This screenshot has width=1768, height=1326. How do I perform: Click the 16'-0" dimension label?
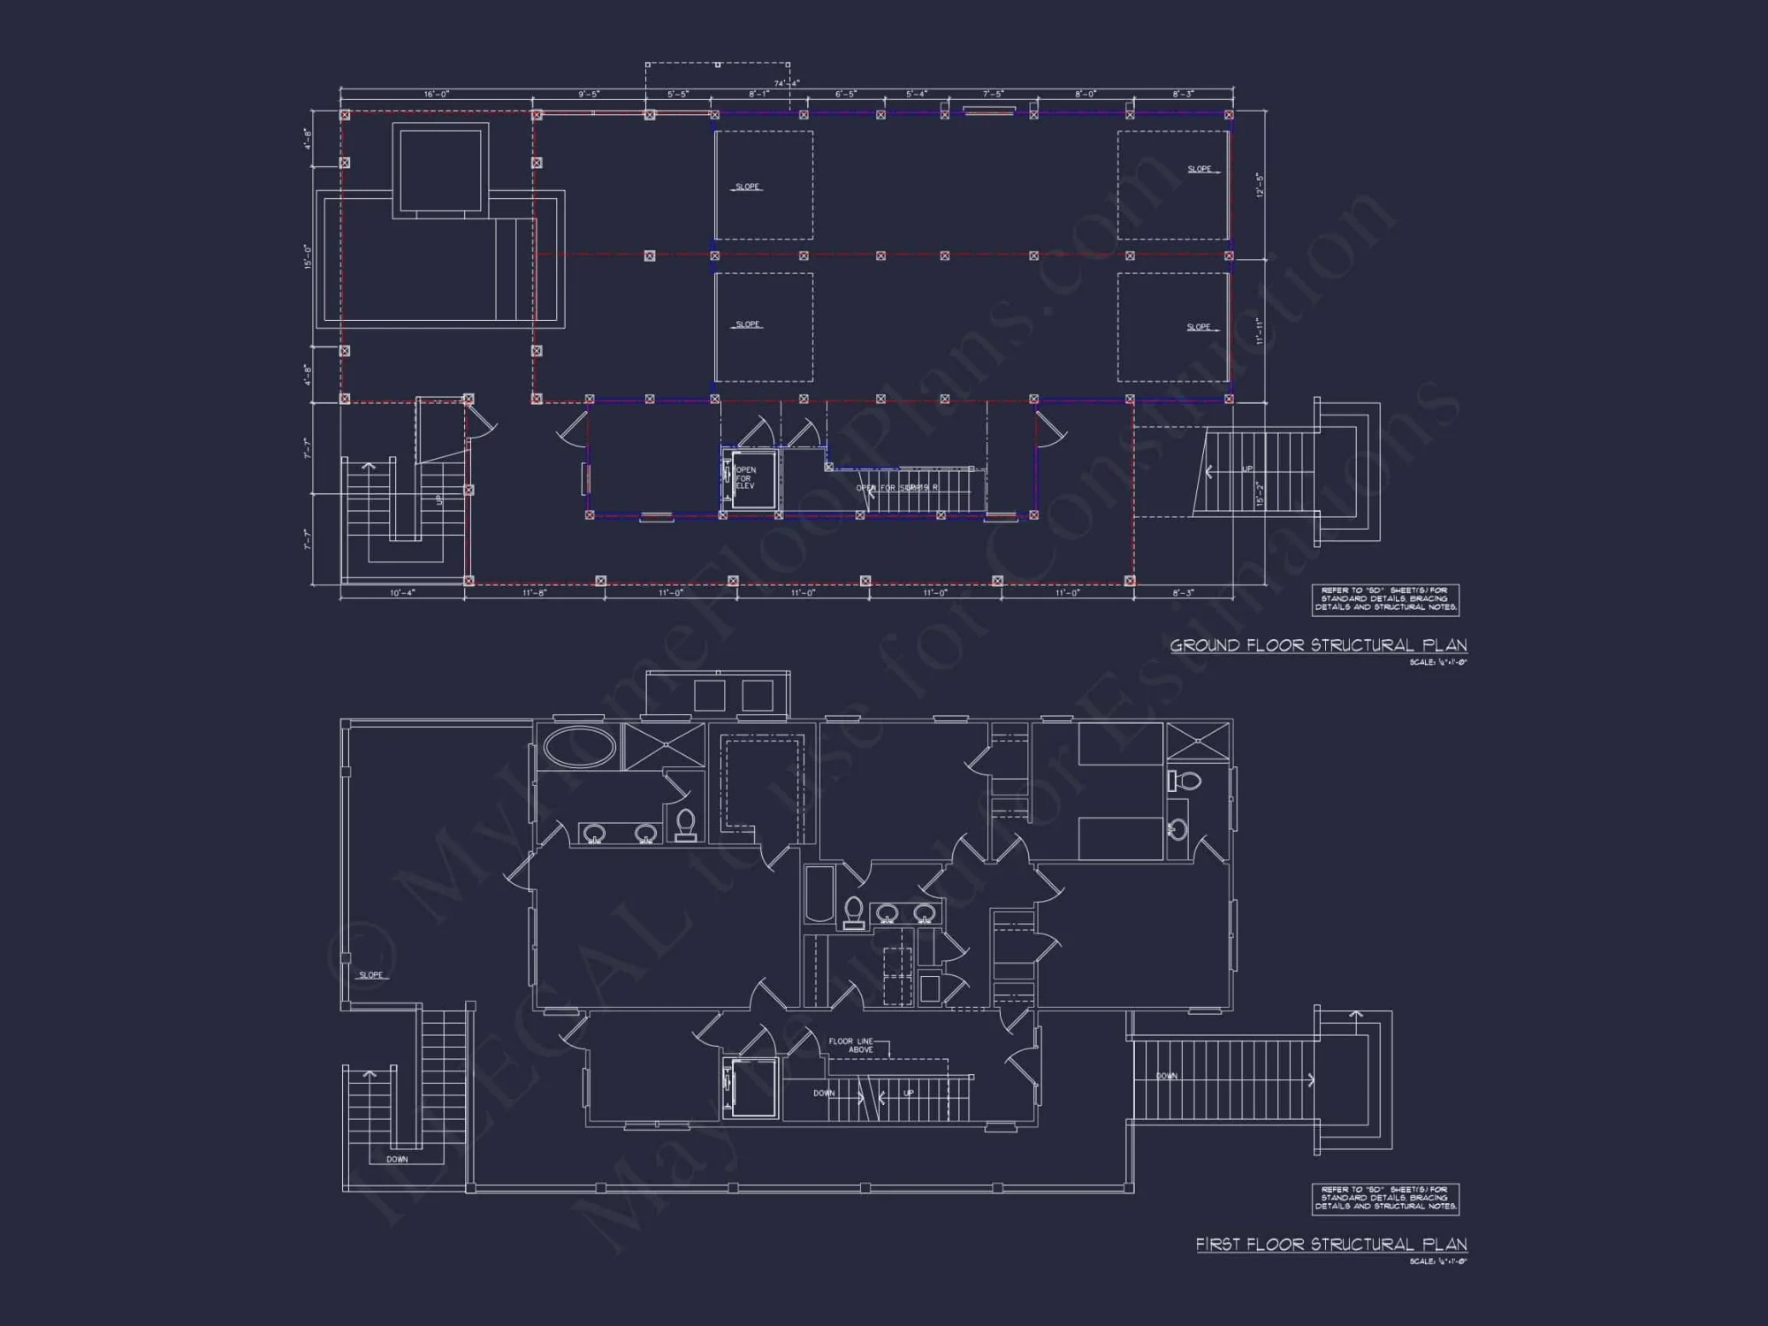click(x=437, y=94)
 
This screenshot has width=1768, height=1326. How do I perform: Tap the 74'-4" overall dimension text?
click(x=787, y=83)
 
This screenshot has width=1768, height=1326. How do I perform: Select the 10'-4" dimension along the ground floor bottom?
click(x=402, y=593)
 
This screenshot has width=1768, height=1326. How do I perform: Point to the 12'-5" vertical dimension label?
click(x=1261, y=185)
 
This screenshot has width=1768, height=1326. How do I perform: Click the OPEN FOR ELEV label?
click(x=745, y=478)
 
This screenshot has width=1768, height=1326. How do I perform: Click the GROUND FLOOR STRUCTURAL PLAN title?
click(x=1318, y=645)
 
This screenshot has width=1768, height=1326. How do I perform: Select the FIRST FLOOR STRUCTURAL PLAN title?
click(x=1331, y=1245)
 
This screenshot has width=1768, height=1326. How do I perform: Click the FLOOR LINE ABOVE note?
click(x=850, y=1045)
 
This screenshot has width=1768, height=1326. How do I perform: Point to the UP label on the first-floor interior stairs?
click(x=908, y=1094)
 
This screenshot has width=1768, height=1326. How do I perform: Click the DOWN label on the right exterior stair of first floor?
click(x=1167, y=1076)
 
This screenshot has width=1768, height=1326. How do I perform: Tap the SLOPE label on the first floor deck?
click(x=371, y=975)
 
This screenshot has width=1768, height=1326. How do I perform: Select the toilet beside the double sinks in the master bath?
click(x=686, y=825)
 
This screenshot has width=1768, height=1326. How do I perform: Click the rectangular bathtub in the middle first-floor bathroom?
click(x=819, y=894)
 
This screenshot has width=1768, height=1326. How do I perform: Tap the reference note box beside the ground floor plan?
click(x=1384, y=599)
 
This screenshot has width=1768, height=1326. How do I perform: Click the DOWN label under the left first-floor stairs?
click(x=397, y=1159)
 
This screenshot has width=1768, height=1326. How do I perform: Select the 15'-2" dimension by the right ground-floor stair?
click(x=1261, y=493)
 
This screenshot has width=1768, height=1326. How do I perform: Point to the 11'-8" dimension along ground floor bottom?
click(x=535, y=593)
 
